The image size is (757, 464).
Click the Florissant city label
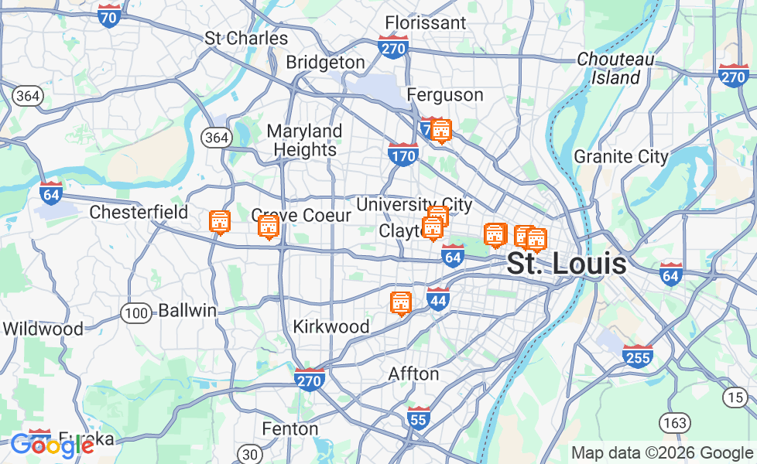click(x=425, y=22)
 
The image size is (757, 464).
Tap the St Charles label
click(x=246, y=38)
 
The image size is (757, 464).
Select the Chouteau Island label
click(x=615, y=68)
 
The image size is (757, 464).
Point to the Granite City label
click(x=621, y=156)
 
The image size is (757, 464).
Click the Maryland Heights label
click(x=305, y=140)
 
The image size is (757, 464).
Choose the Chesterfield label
click(x=139, y=212)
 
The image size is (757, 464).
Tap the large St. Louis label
click(x=567, y=264)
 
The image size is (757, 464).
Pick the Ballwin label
click(x=187, y=311)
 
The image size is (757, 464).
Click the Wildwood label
click(x=43, y=329)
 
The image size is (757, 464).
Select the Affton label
click(x=413, y=374)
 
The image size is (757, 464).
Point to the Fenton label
click(x=290, y=428)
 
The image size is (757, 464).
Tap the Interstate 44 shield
click(x=438, y=299)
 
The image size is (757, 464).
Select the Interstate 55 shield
click(x=419, y=418)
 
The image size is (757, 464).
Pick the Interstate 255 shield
click(x=637, y=356)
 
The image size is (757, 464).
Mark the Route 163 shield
click(x=674, y=422)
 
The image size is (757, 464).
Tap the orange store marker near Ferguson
click(x=441, y=131)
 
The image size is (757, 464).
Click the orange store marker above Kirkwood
click(x=400, y=304)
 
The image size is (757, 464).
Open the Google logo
click(x=51, y=445)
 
